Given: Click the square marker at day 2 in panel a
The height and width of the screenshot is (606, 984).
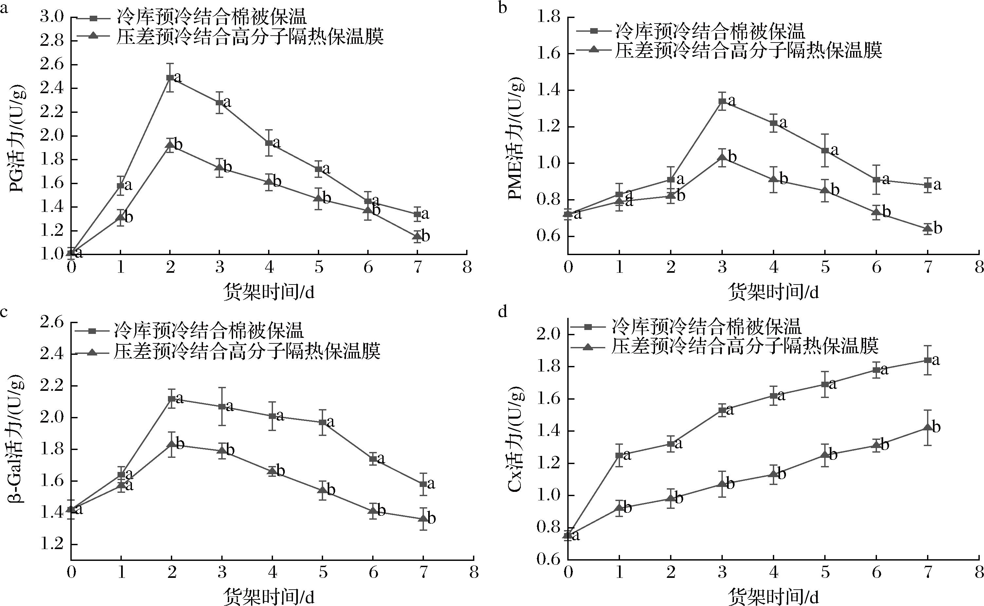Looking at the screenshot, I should pyautogui.click(x=170, y=78).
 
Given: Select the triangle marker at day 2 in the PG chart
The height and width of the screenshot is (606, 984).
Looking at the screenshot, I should pyautogui.click(x=170, y=145).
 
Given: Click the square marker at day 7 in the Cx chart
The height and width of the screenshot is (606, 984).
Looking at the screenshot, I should pyautogui.click(x=927, y=360).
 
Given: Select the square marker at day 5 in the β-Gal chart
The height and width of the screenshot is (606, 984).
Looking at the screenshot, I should pyautogui.click(x=322, y=423).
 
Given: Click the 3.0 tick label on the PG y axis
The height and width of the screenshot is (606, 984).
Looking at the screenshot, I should pyautogui.click(x=52, y=17).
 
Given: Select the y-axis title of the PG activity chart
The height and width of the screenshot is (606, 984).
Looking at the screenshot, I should pyautogui.click(x=18, y=139).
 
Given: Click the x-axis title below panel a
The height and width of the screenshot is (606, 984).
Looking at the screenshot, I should pyautogui.click(x=268, y=292).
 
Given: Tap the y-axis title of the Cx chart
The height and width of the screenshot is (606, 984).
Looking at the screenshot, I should pyautogui.click(x=516, y=439).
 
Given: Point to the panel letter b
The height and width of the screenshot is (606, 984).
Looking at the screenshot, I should pyautogui.click(x=502, y=7).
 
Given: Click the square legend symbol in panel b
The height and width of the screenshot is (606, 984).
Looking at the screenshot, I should pyautogui.click(x=594, y=30).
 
